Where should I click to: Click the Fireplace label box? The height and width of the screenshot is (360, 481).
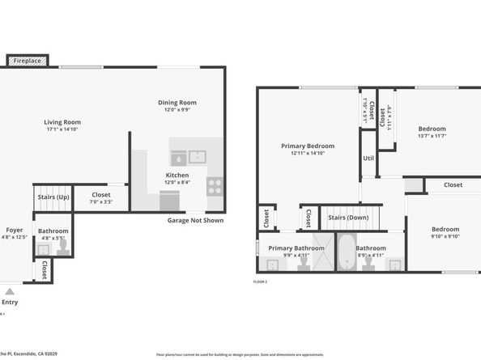28,60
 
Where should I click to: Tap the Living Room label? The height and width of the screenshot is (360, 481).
62,122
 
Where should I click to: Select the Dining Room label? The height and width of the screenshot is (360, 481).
177,103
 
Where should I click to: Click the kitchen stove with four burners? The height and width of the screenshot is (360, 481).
215,186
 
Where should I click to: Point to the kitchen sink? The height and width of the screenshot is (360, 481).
198,157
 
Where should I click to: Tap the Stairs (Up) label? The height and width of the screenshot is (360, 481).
53,196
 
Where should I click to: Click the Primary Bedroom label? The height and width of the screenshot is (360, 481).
308,146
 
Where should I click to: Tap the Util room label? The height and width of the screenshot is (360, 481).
368,159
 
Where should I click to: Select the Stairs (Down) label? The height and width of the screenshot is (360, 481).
348,217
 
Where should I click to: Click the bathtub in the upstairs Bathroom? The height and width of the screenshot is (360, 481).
346,252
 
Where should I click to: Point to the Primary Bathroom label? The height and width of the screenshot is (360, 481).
296,248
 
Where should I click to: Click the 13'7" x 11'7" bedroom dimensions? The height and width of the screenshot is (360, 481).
432,136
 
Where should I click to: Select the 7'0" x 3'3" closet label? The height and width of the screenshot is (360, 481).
101,201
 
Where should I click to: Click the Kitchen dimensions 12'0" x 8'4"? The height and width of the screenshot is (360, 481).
177,182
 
